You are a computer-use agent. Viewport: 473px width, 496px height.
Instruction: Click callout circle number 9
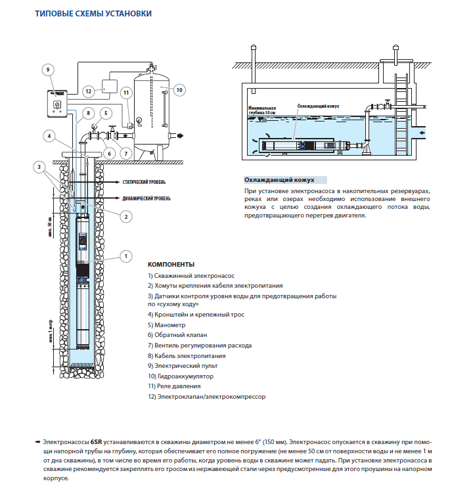[x=48, y=69]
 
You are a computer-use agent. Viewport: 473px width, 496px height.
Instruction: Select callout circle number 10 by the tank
[x=179, y=90]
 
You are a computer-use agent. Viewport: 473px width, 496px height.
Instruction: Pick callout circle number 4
[x=48, y=136]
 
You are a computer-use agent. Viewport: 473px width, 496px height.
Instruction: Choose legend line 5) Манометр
[x=167, y=325]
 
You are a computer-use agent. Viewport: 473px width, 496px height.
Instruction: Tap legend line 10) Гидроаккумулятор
[x=181, y=376]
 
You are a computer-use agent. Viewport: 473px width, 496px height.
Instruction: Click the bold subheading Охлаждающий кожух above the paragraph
[x=279, y=179]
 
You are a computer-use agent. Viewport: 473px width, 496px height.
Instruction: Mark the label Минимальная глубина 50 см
[x=262, y=110]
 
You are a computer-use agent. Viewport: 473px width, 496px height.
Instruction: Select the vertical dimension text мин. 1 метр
[x=51, y=334]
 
